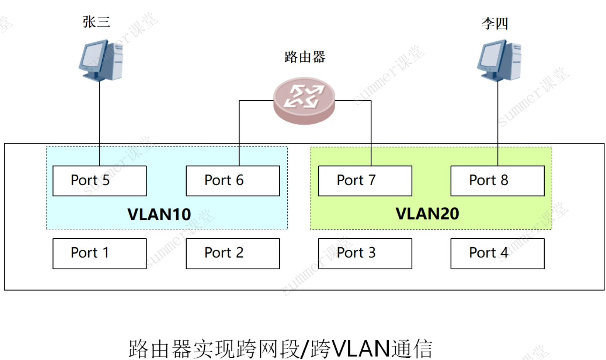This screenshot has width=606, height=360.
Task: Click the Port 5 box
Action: coord(100,181)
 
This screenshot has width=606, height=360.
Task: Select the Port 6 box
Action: coord(233,181)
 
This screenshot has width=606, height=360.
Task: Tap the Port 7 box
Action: coord(365,181)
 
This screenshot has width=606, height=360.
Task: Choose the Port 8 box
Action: coord(497,181)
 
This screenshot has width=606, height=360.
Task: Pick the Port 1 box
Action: coord(100,253)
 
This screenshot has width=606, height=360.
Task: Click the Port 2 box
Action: coord(233,253)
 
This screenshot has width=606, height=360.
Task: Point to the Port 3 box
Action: coord(365,253)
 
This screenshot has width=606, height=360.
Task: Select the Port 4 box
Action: coord(497,253)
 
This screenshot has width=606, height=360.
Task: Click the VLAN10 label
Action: coord(159,215)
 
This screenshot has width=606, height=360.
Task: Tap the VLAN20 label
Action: coord(427,214)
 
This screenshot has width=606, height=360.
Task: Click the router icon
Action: coord(304,101)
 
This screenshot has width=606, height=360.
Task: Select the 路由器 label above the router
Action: coord(305,57)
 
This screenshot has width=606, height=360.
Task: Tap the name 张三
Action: coord(96,22)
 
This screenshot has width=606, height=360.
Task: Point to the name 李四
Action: coord(495,24)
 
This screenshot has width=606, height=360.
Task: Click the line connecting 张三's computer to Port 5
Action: coord(100,123)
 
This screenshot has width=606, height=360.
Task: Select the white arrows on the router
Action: coord(304,96)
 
